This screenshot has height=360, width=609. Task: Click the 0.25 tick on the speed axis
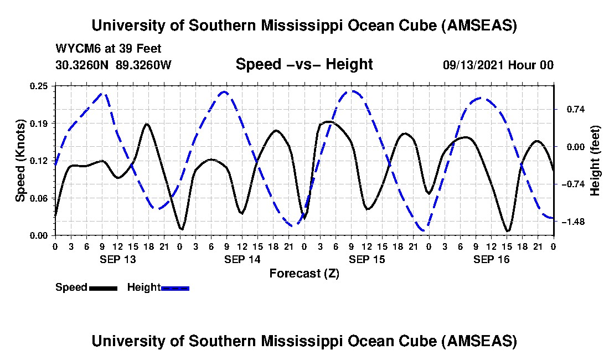pos(40,86)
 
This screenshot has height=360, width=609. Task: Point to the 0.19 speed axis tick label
pos(40,123)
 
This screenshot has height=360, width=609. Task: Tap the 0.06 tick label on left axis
pos(40,198)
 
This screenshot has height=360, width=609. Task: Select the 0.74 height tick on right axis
pos(569,109)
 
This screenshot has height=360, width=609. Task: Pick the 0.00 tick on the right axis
pos(569,147)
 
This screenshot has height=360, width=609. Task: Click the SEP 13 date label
pos(117,259)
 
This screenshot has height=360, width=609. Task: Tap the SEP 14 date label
pos(242,259)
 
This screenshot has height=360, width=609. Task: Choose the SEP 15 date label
pos(367,259)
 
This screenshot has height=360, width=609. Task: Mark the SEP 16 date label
pos(491,259)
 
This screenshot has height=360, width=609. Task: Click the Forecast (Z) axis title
pos(304,273)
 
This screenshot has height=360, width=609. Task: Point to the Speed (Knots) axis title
pos(20,160)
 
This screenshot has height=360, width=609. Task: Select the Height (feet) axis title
pos(595,161)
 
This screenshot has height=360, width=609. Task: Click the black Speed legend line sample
pos(103,288)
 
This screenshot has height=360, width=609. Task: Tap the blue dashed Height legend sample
pos(175,288)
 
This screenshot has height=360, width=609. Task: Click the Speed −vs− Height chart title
pos(304,64)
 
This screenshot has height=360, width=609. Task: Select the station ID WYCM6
pos(74,49)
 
